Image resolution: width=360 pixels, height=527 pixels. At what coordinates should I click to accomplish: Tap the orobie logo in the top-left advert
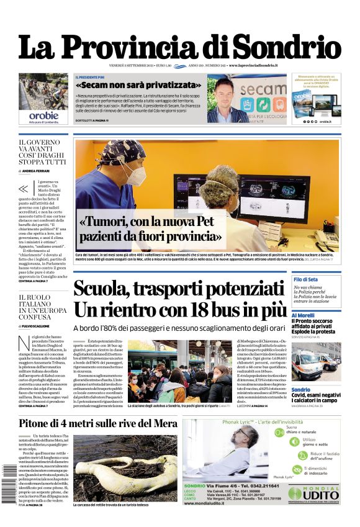43,115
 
